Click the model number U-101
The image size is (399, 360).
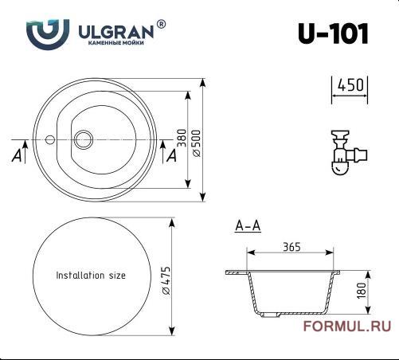pyautogui.click(x=332, y=33)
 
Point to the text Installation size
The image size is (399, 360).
pyautogui.click(x=91, y=276)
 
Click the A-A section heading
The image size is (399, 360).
pyautogui.click(x=248, y=226)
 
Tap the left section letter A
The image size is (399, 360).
pyautogui.click(x=17, y=156)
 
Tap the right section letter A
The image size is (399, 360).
pyautogui.click(x=171, y=156)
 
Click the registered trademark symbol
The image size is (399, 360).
pyautogui.click(x=162, y=24)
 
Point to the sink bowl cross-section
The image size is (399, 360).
pyautogui.click(x=294, y=293)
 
